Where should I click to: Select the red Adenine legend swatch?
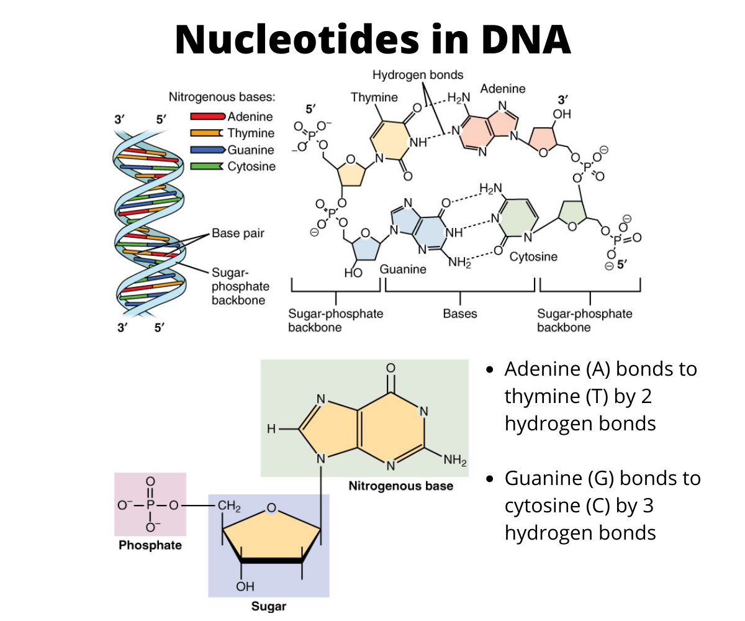(207, 116)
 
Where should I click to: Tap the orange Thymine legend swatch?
(207, 133)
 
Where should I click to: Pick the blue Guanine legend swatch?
(207, 150)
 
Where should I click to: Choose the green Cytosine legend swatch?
(207, 166)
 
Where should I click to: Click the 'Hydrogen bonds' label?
(418, 75)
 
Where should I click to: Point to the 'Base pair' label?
(238, 234)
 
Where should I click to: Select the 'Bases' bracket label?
(460, 314)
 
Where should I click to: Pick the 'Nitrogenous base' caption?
(400, 486)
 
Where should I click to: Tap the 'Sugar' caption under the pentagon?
(268, 606)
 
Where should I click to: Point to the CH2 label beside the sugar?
(228, 505)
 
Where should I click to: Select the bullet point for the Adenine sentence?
(490, 370)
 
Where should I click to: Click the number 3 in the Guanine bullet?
(647, 505)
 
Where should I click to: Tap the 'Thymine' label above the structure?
(374, 97)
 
